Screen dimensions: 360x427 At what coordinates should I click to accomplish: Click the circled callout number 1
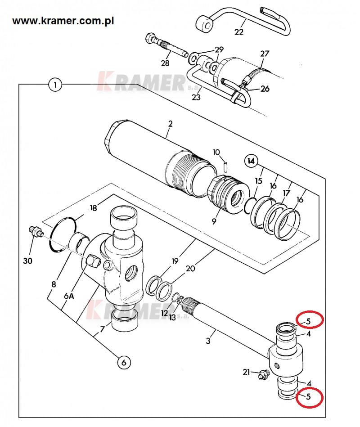pyautogui.click(x=55, y=85)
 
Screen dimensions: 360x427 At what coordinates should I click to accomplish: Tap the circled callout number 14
pyautogui.click(x=251, y=161)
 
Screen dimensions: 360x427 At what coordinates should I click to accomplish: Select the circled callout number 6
pyautogui.click(x=124, y=363)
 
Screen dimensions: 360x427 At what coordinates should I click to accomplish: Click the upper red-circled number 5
pyautogui.click(x=308, y=322)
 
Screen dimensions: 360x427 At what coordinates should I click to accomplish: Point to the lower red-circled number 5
pyautogui.click(x=308, y=397)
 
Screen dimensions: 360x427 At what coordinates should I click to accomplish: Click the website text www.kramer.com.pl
pyautogui.click(x=63, y=21)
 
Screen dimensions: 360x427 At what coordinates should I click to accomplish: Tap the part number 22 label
pyautogui.click(x=239, y=32)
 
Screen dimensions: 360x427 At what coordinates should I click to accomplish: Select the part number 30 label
pyautogui.click(x=27, y=261)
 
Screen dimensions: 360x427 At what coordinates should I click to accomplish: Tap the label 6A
pyautogui.click(x=69, y=296)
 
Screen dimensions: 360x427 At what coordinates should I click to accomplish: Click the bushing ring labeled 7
pyautogui.click(x=123, y=321)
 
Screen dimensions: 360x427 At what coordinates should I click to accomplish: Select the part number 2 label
pyautogui.click(x=171, y=124)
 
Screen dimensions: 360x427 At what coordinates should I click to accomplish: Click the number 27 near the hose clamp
pyautogui.click(x=265, y=54)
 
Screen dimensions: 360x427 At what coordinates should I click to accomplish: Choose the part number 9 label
pyautogui.click(x=214, y=221)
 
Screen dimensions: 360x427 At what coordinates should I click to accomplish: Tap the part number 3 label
pyautogui.click(x=208, y=341)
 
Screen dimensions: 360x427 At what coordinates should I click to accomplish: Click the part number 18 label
pyautogui.click(x=94, y=208)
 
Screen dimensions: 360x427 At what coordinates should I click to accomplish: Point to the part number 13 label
pyautogui.click(x=172, y=318)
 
